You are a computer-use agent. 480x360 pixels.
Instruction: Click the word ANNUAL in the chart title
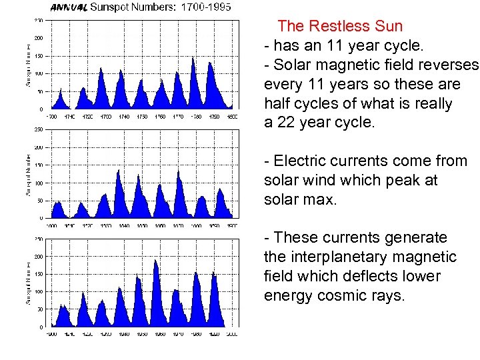click(x=69, y=8)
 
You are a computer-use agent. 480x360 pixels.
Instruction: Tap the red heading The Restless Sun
click(x=340, y=26)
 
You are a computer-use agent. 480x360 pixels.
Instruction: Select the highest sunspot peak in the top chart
click(x=193, y=59)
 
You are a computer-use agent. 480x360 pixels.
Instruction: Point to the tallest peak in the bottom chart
click(x=155, y=261)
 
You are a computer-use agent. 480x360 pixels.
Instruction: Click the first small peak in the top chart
click(x=61, y=90)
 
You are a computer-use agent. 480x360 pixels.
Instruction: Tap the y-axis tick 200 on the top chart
click(x=39, y=37)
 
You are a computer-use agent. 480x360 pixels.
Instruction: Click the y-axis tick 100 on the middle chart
click(x=39, y=183)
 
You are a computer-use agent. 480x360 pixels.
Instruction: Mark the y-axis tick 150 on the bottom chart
click(x=39, y=274)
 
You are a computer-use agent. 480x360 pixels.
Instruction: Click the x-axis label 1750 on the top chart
click(x=141, y=116)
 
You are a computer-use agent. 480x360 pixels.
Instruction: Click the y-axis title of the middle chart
click(x=28, y=175)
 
